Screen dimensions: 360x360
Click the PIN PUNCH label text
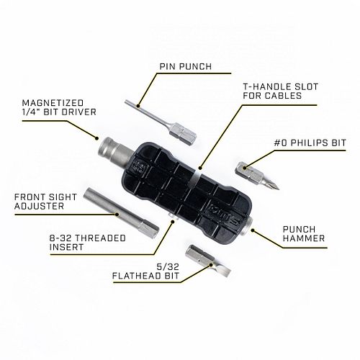(186, 66)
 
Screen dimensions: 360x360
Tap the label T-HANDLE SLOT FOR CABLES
(281, 91)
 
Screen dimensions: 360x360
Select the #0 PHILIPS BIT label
(310, 143)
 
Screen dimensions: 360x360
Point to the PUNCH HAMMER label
(304, 234)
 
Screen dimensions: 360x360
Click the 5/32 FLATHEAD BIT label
(146, 271)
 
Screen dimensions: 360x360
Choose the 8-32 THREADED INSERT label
(88, 243)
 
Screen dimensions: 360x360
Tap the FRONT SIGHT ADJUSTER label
(45, 202)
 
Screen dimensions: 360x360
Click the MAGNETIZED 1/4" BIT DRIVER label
(59, 107)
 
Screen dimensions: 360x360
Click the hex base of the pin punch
(183, 134)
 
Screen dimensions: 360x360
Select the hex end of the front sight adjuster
(148, 230)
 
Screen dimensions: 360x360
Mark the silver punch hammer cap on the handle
(248, 225)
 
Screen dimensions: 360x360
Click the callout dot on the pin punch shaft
(138, 106)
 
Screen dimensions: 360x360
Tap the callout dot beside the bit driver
(96, 138)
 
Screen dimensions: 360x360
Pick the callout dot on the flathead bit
(211, 265)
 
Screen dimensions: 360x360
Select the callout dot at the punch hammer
(253, 230)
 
